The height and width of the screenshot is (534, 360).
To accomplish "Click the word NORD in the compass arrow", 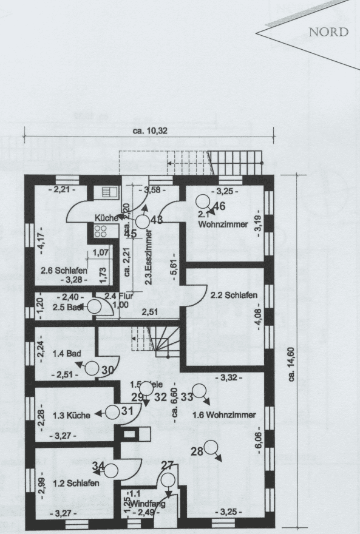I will click(x=328, y=32).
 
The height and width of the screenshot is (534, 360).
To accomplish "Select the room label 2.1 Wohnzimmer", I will click(x=222, y=220).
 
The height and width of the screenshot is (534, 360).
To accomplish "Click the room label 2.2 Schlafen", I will click(x=234, y=296).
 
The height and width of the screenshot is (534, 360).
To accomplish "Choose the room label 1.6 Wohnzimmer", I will click(x=223, y=415).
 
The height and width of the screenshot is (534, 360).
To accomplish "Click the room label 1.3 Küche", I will click(x=72, y=415).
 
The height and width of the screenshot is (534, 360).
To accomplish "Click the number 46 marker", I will click(x=220, y=205).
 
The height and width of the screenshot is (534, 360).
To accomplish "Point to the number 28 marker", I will click(x=197, y=450).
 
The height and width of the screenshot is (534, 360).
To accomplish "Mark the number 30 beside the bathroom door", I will click(x=108, y=370).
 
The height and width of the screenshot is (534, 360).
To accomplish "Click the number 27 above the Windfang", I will click(x=167, y=465).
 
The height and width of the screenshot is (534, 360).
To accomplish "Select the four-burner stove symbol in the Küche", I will click(x=101, y=231).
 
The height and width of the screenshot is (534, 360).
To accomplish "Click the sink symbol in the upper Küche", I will click(x=109, y=192).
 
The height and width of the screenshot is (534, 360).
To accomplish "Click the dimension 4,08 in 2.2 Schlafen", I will click(x=257, y=318).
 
